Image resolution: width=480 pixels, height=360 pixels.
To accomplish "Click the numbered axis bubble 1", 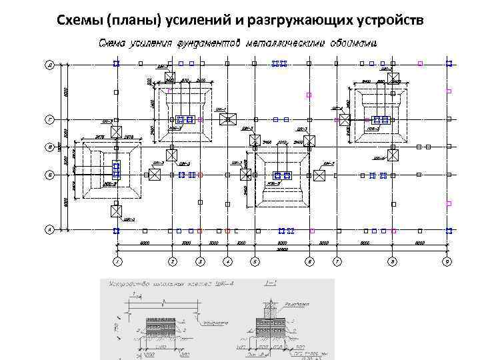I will [x=116, y=261].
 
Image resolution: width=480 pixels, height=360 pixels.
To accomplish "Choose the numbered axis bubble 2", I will [x=172, y=261].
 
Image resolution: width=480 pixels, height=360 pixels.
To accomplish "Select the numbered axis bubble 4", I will [x=228, y=261].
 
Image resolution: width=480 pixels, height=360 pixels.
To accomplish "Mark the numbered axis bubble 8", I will [x=393, y=261].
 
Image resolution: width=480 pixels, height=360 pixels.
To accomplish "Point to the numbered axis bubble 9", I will [x=448, y=261].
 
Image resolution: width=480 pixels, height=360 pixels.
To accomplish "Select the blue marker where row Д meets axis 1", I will [x=116, y=63].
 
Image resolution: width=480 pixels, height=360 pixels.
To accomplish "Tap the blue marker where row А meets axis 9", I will [x=449, y=230].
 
